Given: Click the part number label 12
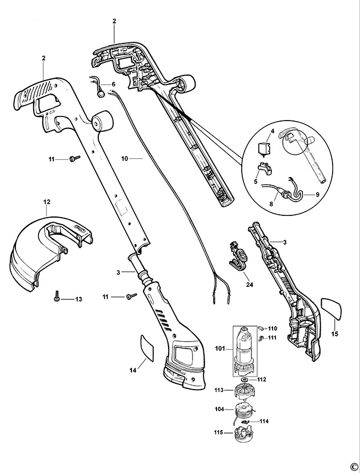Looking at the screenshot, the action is [47, 202].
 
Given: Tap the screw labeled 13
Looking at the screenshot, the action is [57, 296].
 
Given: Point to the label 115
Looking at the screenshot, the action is [219, 432].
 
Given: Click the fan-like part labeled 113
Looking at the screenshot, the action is [244, 390].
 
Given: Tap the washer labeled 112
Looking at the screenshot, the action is [245, 379].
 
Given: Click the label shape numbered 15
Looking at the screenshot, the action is [331, 308].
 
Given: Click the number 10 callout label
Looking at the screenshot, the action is [125, 158].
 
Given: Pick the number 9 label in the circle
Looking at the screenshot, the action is [317, 195].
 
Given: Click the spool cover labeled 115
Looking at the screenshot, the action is [244, 432].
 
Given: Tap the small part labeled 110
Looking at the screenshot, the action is [261, 328].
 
